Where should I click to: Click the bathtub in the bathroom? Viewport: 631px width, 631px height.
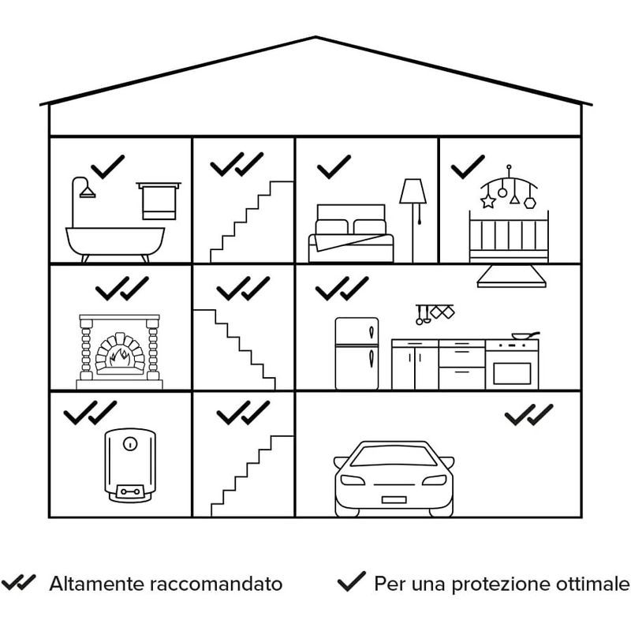click(115, 240)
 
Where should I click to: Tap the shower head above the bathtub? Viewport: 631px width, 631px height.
click(86, 192)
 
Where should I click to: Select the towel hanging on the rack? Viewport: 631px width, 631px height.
click(158, 204)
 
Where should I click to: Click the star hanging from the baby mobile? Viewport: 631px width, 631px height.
click(487, 201)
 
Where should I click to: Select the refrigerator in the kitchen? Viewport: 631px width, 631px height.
click(357, 353)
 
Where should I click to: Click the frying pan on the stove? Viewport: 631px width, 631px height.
click(523, 336)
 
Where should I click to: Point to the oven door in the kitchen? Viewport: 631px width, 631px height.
click(512, 370)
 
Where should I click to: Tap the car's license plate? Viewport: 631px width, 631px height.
click(394, 499)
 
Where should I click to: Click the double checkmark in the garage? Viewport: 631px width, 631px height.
click(528, 414)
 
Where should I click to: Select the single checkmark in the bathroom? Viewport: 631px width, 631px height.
click(108, 166)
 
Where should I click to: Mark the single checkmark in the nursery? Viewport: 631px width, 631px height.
click(468, 166)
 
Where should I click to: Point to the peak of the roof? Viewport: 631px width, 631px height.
click(315, 37)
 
